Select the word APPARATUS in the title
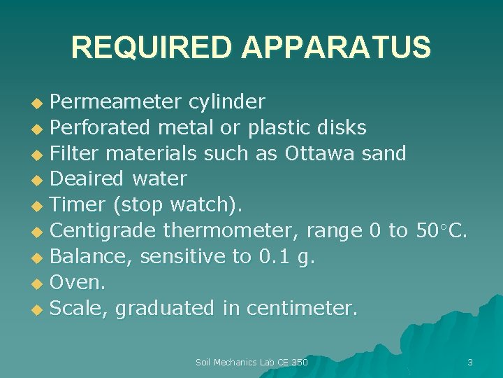tap(336, 48)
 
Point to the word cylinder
tap(227, 102)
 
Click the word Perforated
tap(100, 127)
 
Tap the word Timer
tap(77, 204)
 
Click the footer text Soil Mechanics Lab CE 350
tap(251, 362)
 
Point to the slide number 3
tap(469, 362)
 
